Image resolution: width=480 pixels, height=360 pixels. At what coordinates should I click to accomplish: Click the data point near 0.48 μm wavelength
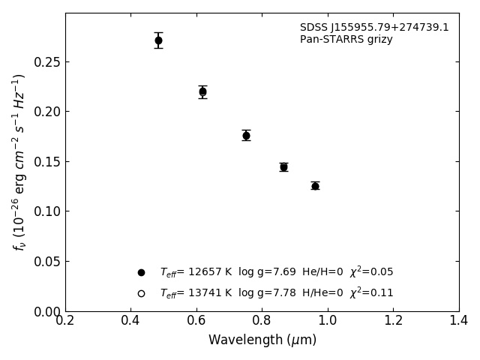pos(158,40)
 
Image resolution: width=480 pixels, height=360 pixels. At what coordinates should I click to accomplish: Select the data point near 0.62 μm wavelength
pos(202,91)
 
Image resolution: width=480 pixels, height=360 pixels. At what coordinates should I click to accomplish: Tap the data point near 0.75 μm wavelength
pos(246,135)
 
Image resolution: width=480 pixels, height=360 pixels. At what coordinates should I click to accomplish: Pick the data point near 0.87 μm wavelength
pos(283,166)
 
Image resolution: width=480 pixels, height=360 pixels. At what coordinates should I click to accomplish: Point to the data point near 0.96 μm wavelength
pos(315,185)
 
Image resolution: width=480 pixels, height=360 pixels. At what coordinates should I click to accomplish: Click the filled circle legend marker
pos(141,272)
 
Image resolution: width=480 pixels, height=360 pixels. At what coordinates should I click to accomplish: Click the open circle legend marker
pos(141,293)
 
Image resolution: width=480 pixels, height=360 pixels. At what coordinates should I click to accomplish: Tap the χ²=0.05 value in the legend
pos(371,271)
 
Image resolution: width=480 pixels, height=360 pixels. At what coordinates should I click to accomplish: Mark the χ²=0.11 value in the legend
pos(371,292)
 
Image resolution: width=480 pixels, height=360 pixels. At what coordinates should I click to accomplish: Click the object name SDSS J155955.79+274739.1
pos(374,28)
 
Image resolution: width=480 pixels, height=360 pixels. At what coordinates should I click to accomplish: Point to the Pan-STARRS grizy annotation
pos(346,40)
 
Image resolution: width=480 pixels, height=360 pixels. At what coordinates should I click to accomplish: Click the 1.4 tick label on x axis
pos(458,320)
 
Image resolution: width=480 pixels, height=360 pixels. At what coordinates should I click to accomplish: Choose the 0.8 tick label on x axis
pos(262,320)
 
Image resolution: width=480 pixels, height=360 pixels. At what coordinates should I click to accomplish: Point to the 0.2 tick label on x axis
pos(65,320)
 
